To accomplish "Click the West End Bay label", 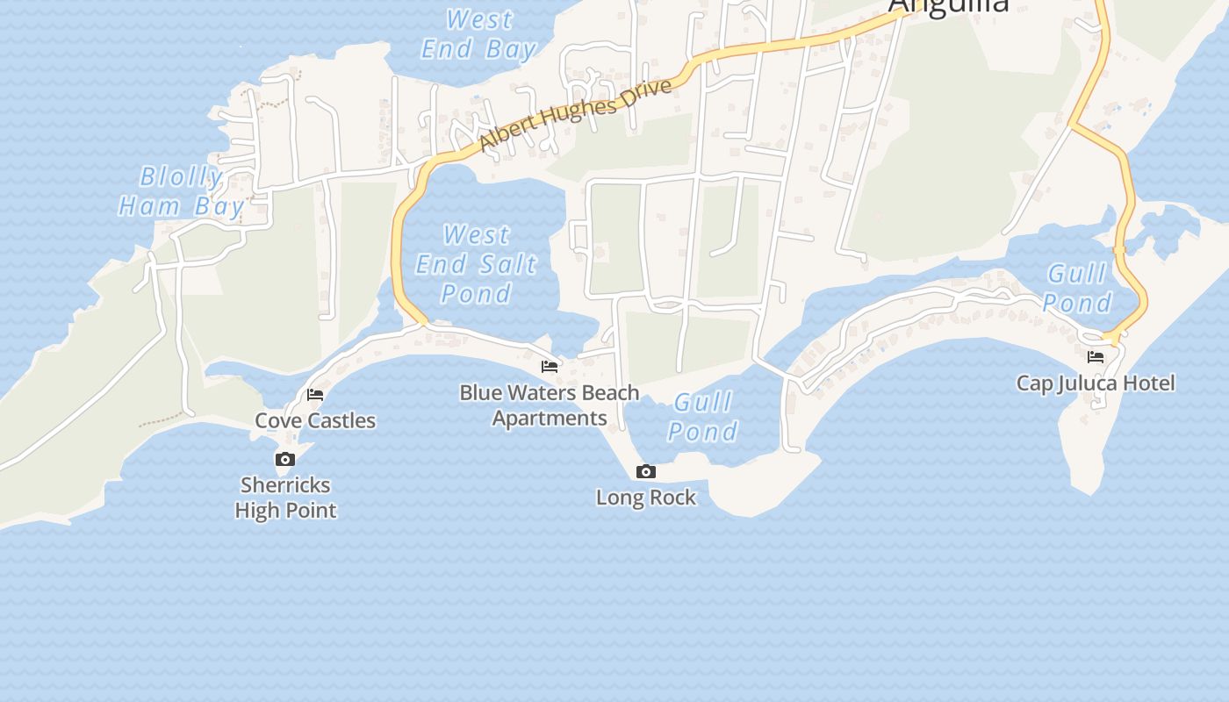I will (478, 33).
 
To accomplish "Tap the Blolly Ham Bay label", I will (181, 191).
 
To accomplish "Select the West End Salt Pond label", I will (477, 263).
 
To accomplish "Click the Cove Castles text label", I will (315, 420).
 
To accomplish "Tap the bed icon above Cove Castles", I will (315, 395).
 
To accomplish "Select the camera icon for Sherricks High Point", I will (284, 459).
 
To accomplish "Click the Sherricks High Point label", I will (285, 497).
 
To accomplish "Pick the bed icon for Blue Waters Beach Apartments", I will (550, 366).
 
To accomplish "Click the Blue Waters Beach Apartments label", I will (550, 405).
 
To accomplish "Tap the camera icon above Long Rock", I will (646, 472).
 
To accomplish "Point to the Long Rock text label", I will (646, 498).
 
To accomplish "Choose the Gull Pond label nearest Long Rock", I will (703, 417).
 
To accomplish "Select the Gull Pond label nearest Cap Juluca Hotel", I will (1078, 288).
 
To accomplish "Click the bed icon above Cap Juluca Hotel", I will (1096, 356).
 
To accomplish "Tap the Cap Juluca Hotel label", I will (1096, 383).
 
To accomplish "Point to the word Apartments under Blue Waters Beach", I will (550, 418).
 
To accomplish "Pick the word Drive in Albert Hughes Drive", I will (646, 94).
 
